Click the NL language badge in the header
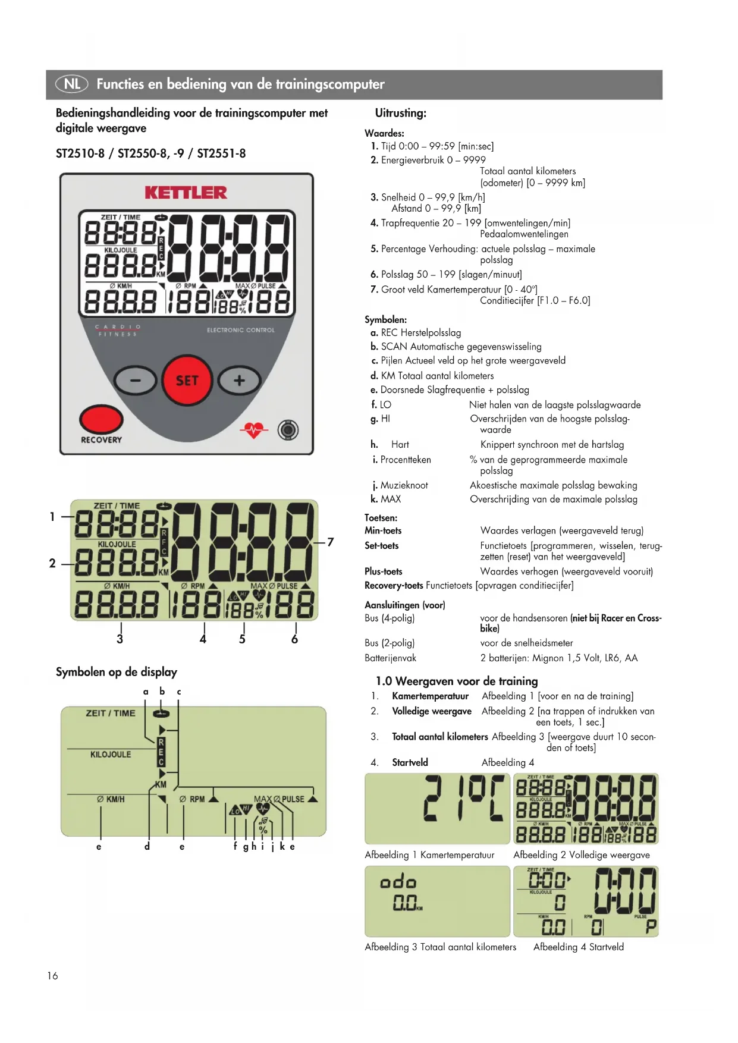(71, 84)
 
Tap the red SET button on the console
(187, 381)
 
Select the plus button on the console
(239, 381)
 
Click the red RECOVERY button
(101, 419)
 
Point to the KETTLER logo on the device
(186, 193)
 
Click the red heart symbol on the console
(254, 429)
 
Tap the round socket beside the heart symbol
(288, 429)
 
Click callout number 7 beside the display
(331, 542)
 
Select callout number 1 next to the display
(52, 517)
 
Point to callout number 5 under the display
(242, 639)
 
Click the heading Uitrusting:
(400, 113)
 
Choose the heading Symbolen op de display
(117, 672)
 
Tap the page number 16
(52, 976)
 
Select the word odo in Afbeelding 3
(398, 881)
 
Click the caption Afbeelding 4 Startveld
(578, 947)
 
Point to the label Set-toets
(381, 545)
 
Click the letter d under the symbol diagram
(147, 846)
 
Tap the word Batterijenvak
(390, 658)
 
